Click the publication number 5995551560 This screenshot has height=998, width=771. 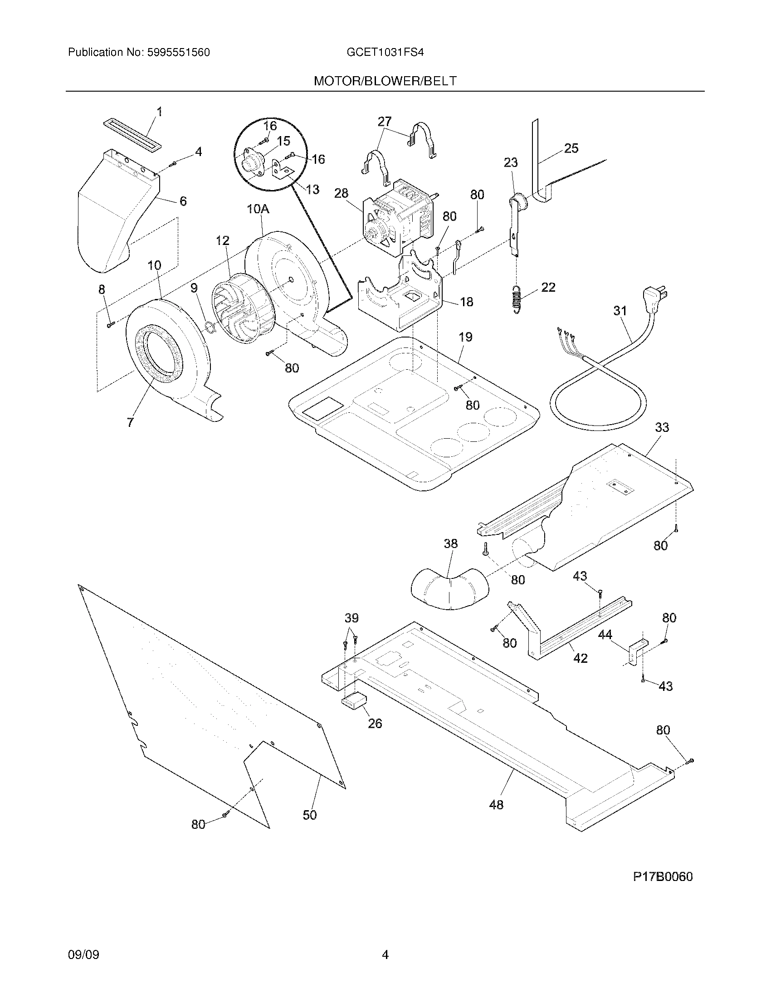(178, 53)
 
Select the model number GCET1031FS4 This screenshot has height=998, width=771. (385, 53)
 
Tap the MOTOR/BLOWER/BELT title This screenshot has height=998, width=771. (385, 81)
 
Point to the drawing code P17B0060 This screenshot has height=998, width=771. (662, 876)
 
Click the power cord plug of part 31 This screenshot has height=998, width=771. (656, 298)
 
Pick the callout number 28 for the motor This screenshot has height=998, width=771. (341, 193)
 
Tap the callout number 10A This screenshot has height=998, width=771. (258, 209)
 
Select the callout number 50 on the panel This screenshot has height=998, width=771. (310, 815)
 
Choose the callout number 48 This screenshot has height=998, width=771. (496, 804)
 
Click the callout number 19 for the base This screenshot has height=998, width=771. (465, 337)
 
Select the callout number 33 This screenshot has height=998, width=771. (662, 427)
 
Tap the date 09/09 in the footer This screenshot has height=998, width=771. (83, 942)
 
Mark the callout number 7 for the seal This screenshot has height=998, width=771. (131, 423)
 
